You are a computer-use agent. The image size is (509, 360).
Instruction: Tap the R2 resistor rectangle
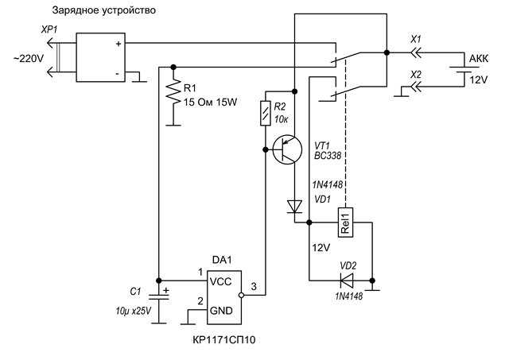(x=266, y=113)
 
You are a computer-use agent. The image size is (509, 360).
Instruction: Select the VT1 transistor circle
(x=287, y=150)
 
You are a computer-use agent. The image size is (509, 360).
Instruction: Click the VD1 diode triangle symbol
(x=295, y=207)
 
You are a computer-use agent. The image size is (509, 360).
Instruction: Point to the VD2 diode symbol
(x=347, y=281)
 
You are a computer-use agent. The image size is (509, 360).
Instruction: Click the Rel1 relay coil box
(x=345, y=223)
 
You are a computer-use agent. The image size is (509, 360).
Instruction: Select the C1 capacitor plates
(x=159, y=296)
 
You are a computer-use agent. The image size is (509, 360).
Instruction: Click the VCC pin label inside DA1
(x=221, y=281)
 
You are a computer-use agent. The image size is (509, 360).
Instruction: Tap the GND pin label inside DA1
(x=221, y=311)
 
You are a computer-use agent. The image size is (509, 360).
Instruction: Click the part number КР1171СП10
(x=224, y=340)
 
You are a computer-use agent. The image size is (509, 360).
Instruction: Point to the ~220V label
(x=29, y=59)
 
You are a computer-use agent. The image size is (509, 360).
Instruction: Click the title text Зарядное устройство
(x=104, y=10)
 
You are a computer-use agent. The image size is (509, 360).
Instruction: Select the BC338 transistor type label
(x=328, y=156)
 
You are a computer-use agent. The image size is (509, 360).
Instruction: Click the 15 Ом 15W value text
(x=210, y=103)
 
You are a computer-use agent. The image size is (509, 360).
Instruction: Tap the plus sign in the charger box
(x=119, y=44)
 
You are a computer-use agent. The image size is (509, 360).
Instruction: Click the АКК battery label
(x=479, y=59)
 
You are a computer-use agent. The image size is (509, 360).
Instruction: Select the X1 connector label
(x=416, y=40)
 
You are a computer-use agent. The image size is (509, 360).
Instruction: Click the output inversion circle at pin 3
(x=241, y=295)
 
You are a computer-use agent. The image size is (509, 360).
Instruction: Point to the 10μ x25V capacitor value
(x=134, y=312)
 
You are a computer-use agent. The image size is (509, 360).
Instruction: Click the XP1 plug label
(x=49, y=30)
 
